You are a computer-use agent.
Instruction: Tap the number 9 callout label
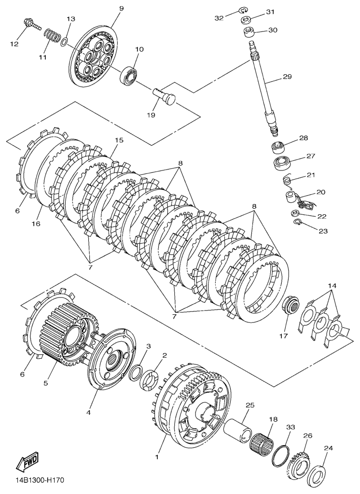pos(121,8)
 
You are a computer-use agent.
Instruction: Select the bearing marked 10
pos(130,74)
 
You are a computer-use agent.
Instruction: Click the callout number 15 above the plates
pos(119,141)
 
